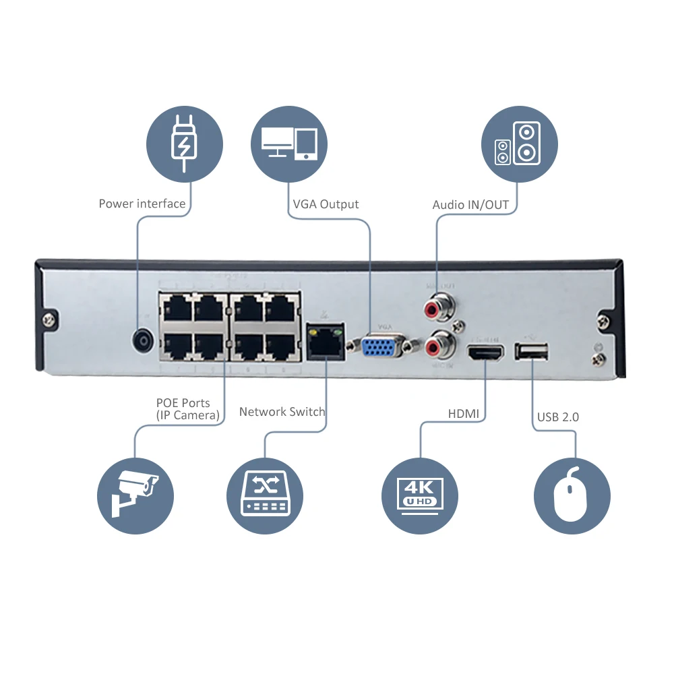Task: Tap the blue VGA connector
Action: point(380,347)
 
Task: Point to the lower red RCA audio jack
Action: point(436,346)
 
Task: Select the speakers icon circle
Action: point(519,144)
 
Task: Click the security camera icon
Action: point(135,496)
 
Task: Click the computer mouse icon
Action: point(572,496)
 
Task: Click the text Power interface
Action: point(142,204)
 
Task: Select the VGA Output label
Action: point(326,204)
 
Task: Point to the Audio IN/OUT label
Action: point(470,205)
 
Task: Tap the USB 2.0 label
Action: point(558,417)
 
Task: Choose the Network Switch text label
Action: point(282,412)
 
